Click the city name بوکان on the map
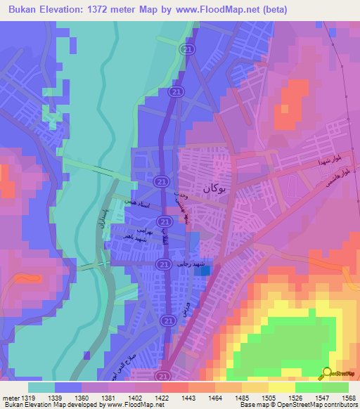click(x=215, y=188)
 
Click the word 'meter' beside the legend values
click(x=11, y=397)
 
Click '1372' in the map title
click(x=123, y=9)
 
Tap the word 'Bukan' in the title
click(x=25, y=9)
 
